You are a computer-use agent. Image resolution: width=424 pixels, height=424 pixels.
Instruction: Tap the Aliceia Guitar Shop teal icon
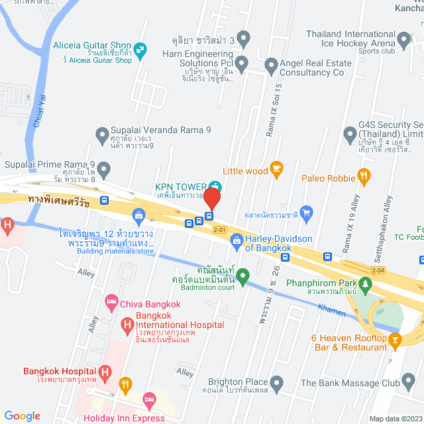(140, 48)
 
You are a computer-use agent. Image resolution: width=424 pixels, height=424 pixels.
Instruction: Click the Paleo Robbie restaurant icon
(363, 177)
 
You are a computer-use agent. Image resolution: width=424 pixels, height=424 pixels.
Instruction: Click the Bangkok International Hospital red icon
(127, 325)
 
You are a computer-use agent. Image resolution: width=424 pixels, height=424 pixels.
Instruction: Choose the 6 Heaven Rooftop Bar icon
(396, 341)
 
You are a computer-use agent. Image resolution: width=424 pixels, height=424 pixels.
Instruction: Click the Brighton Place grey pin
(278, 382)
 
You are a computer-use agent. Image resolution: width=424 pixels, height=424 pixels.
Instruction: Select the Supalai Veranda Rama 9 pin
(102, 136)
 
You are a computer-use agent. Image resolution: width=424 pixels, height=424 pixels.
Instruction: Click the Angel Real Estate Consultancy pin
(270, 65)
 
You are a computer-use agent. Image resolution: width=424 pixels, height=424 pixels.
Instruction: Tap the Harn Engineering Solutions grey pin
(242, 64)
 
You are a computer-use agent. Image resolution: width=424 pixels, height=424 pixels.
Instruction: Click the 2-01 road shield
(220, 229)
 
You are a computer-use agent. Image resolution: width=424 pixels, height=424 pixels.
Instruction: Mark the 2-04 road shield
(378, 270)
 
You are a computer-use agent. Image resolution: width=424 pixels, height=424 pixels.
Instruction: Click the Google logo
(23, 415)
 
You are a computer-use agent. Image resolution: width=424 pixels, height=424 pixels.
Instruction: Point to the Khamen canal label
(331, 309)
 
